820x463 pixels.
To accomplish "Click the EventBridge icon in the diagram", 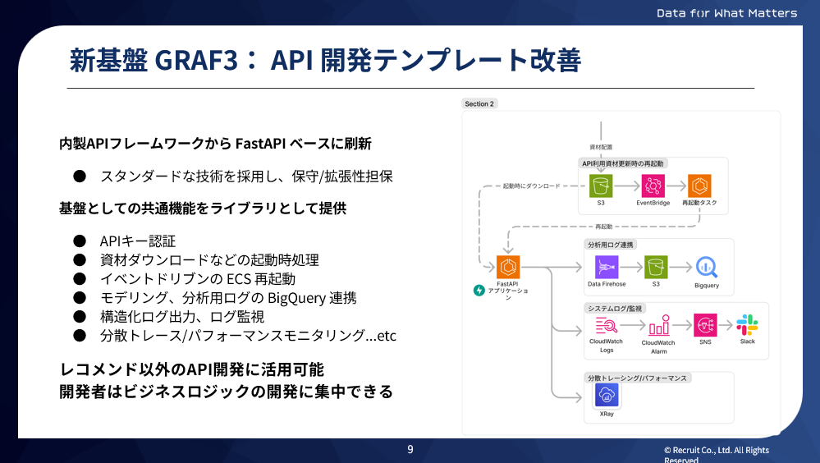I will tap(653, 185).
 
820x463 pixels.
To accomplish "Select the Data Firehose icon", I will tap(607, 267).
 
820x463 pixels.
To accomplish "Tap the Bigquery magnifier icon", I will tap(706, 267).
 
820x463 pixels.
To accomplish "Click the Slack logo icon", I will tap(747, 324).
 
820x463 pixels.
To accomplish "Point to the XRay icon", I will tap(607, 396).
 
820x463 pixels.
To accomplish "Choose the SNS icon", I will tap(705, 324).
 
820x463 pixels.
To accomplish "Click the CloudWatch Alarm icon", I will tap(657, 325).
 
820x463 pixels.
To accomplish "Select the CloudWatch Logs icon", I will tap(607, 324).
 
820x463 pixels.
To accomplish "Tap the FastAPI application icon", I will tap(507, 267).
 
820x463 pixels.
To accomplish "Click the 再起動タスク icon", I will tap(699, 185).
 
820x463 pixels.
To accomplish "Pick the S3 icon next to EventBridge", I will tap(601, 185).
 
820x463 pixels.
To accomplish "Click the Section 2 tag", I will tap(479, 104).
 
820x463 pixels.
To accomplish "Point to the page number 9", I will tap(410, 449).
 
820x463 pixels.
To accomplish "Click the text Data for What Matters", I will tap(726, 13).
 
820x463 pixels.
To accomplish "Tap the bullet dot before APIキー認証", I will tap(80, 241).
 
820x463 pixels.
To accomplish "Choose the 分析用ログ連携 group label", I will tap(611, 245).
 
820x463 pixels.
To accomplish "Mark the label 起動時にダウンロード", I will tap(531, 186).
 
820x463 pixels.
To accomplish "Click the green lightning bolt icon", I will tap(479, 290).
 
